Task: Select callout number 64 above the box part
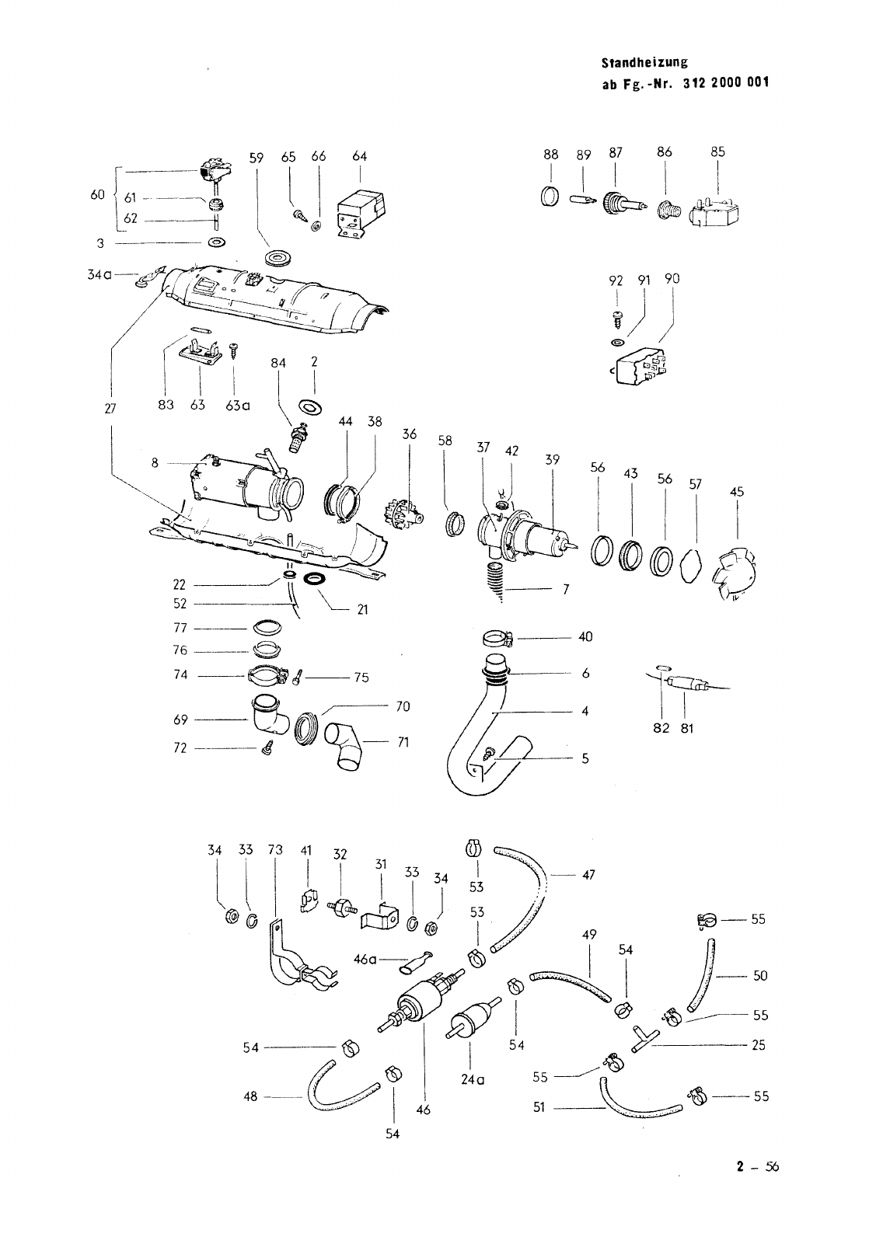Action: (x=359, y=157)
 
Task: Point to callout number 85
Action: (x=717, y=152)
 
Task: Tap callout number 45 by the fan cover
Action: (x=737, y=492)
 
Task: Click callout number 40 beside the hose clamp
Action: (x=585, y=637)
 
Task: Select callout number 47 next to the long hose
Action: (x=588, y=875)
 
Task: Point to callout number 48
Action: (x=251, y=1098)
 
